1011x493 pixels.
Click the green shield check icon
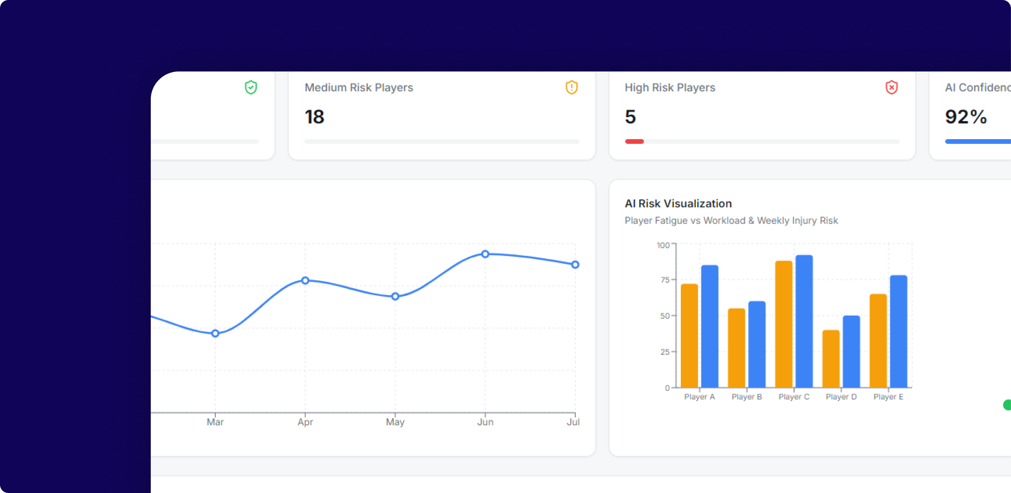[251, 87]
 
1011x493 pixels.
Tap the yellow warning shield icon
[572, 87]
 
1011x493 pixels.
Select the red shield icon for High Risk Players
[891, 87]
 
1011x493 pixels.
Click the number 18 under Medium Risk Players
[314, 117]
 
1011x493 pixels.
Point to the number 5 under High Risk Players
[630, 117]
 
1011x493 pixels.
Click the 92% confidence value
[966, 117]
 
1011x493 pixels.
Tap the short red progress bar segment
[634, 141]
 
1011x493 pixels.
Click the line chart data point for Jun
[485, 254]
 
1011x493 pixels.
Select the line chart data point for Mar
[215, 333]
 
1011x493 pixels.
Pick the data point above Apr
[305, 281]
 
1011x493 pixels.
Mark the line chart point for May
[395, 296]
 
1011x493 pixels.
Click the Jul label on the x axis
[573, 422]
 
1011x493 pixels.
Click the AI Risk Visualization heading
[678, 204]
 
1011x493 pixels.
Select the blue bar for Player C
[804, 321]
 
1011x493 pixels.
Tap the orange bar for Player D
[831, 359]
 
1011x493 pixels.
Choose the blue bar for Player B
[757, 345]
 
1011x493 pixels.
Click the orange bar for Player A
[690, 336]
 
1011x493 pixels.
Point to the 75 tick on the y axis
[665, 280]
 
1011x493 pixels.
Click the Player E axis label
[888, 397]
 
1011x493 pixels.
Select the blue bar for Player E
[898, 331]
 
